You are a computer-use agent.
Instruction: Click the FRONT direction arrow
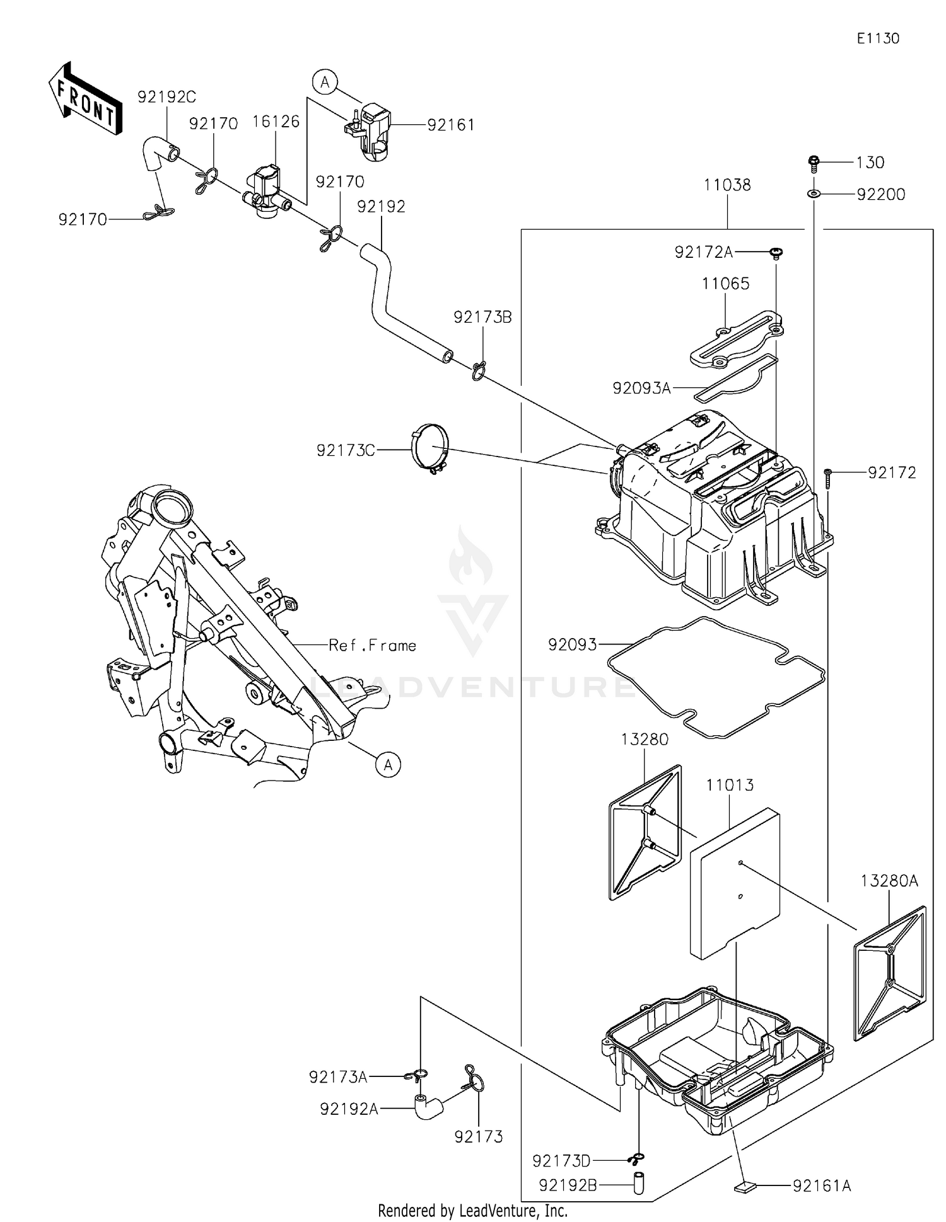pos(85,100)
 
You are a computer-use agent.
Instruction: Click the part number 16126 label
pos(276,122)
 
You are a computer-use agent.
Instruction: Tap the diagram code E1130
pos(878,38)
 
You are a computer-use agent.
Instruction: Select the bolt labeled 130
pos(814,163)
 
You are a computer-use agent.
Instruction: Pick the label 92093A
pos(641,388)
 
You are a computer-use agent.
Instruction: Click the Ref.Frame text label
pos(372,645)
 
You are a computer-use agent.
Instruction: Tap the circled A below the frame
pos(388,765)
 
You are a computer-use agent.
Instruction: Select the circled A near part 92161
pos(325,82)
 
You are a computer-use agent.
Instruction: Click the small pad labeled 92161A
pos(745,1187)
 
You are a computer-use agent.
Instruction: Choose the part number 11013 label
pos(730,785)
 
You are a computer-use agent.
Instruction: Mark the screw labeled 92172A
pos(776,253)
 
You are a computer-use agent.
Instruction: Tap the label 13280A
pos(889,881)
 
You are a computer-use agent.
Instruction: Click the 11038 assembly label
pos(727,185)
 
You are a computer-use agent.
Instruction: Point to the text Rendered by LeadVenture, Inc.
pos(472,1210)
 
